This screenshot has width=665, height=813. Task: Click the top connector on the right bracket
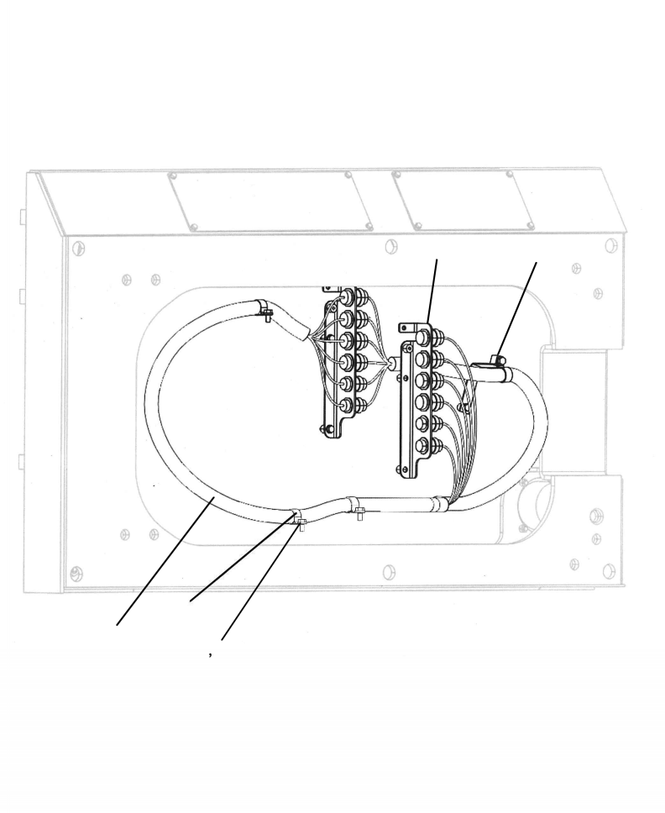coord(425,338)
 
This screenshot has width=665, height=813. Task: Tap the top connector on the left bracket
coord(347,297)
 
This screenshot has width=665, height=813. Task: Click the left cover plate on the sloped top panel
coord(270,201)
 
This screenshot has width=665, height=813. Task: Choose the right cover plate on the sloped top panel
coord(463,201)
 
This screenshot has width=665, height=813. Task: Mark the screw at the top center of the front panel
coord(390,247)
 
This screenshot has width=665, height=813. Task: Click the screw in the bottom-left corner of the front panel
coord(77,573)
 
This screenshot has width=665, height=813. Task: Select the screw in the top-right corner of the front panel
coord(610,245)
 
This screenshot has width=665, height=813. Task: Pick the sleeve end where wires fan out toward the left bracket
coord(301,331)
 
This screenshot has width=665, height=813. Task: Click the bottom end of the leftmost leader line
coord(117,625)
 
